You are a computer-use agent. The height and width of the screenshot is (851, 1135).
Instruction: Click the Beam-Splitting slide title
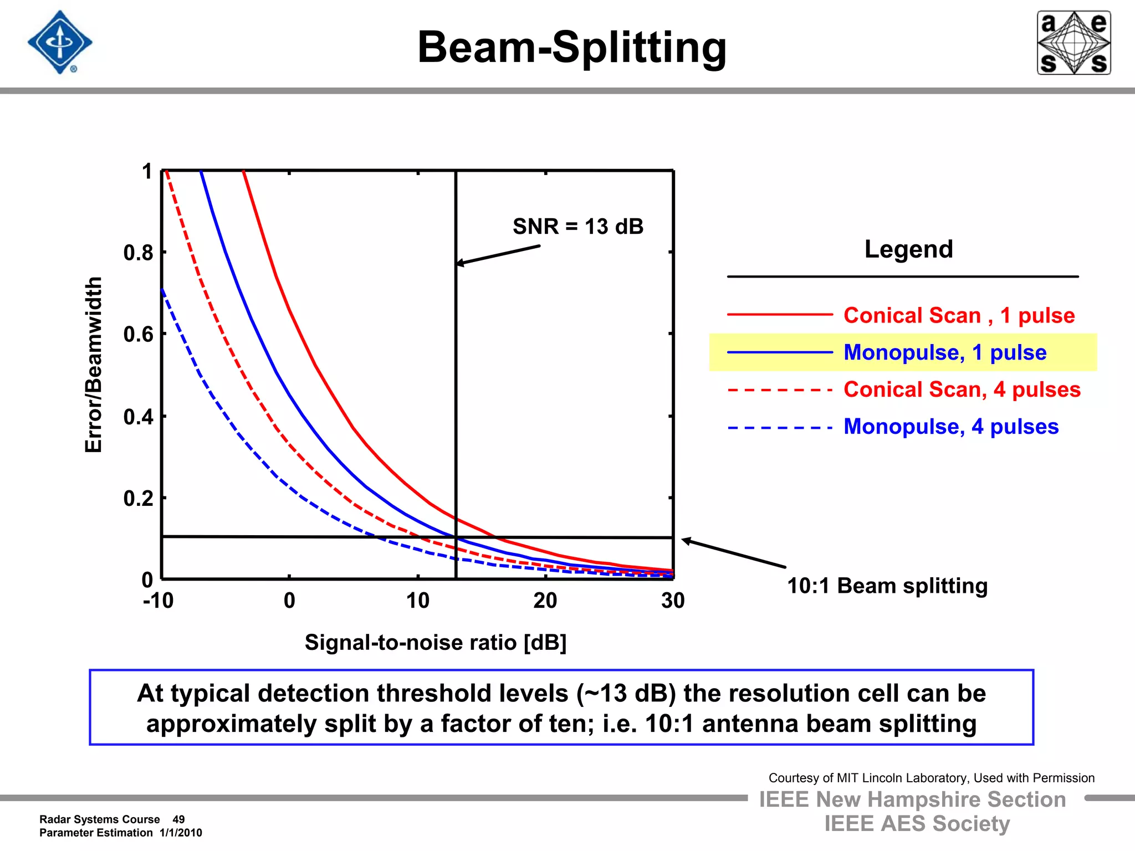[x=571, y=48]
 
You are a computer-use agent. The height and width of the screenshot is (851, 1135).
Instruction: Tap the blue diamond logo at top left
[x=60, y=43]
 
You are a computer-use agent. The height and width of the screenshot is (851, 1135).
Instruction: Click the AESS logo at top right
[x=1073, y=43]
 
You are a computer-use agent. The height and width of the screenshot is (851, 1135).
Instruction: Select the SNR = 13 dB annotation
[x=577, y=227]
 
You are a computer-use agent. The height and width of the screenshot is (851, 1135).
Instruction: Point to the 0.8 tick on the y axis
[x=138, y=253]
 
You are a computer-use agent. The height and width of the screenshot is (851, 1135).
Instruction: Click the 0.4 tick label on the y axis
[x=138, y=417]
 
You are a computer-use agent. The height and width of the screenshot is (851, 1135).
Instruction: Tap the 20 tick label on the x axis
[x=545, y=601]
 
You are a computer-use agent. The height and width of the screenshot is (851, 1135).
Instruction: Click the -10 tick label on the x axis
[x=159, y=601]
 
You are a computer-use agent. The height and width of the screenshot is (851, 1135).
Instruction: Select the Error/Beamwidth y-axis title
[x=94, y=365]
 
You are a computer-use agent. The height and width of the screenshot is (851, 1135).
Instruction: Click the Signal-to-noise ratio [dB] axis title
[x=436, y=643]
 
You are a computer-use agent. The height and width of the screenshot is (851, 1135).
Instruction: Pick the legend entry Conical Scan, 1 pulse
[x=959, y=315]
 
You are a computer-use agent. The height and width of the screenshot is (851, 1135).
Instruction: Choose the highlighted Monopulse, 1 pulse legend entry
[x=944, y=352]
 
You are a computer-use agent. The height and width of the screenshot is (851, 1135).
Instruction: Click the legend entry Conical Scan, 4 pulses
[x=962, y=389]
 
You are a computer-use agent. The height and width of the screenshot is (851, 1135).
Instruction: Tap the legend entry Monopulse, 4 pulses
[x=950, y=427]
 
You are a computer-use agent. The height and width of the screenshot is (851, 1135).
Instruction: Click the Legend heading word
[x=908, y=249]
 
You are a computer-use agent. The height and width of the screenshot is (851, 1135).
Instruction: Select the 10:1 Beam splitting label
[x=887, y=586]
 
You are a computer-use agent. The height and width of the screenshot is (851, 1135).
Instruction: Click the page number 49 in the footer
[x=178, y=819]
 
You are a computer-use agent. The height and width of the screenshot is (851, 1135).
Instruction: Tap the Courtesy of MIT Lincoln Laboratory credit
[x=931, y=778]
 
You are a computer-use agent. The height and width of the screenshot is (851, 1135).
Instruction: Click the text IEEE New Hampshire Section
[x=912, y=799]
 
